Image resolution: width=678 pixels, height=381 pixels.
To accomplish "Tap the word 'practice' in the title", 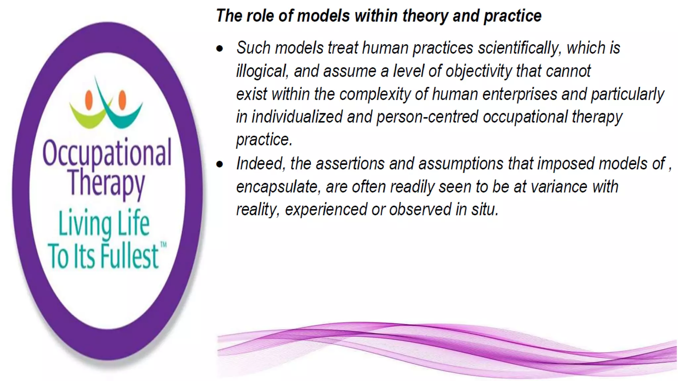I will click(x=512, y=16).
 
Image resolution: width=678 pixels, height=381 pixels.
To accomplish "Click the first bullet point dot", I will click(x=219, y=49).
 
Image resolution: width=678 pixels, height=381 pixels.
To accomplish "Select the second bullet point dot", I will click(x=219, y=164).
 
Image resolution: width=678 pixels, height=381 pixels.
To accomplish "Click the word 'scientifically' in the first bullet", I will click(x=519, y=48).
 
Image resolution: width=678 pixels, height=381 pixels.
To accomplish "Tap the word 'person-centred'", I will click(x=427, y=117).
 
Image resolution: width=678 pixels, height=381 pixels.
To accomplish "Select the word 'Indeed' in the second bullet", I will click(x=260, y=164).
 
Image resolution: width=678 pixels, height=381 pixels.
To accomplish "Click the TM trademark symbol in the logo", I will click(x=164, y=245).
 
